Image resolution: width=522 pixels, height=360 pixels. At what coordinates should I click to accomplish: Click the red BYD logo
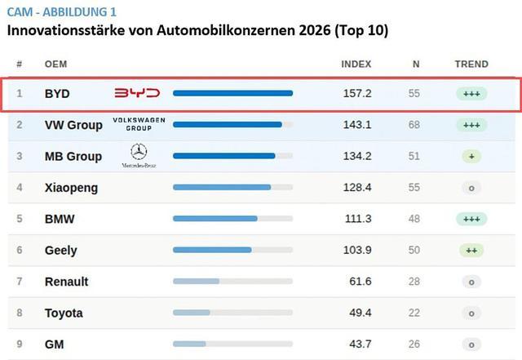click(x=136, y=94)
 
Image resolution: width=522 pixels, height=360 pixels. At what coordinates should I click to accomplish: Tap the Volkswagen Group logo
click(x=139, y=124)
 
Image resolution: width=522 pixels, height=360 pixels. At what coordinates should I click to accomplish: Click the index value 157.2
click(x=357, y=94)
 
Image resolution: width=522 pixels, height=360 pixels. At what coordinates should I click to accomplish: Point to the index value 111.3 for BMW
click(x=357, y=219)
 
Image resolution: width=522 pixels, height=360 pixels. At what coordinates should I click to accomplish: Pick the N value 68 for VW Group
click(x=414, y=125)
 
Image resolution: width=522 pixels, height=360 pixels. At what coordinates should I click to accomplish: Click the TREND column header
click(x=471, y=64)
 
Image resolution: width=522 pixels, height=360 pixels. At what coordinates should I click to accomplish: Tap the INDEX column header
click(x=356, y=64)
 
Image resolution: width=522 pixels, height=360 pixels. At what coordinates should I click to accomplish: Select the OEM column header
click(x=55, y=64)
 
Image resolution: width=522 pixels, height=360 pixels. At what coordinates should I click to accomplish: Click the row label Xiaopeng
click(x=71, y=188)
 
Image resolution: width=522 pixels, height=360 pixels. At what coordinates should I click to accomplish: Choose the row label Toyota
click(x=64, y=313)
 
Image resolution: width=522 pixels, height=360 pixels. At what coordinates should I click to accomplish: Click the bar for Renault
click(x=196, y=282)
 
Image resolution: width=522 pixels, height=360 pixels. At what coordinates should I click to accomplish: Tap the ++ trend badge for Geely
click(x=471, y=251)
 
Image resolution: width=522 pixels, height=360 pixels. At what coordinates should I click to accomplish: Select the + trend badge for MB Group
click(x=471, y=157)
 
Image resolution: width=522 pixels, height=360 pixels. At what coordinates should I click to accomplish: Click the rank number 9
click(x=20, y=344)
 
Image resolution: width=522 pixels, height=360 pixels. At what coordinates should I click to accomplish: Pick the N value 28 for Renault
click(x=414, y=282)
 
